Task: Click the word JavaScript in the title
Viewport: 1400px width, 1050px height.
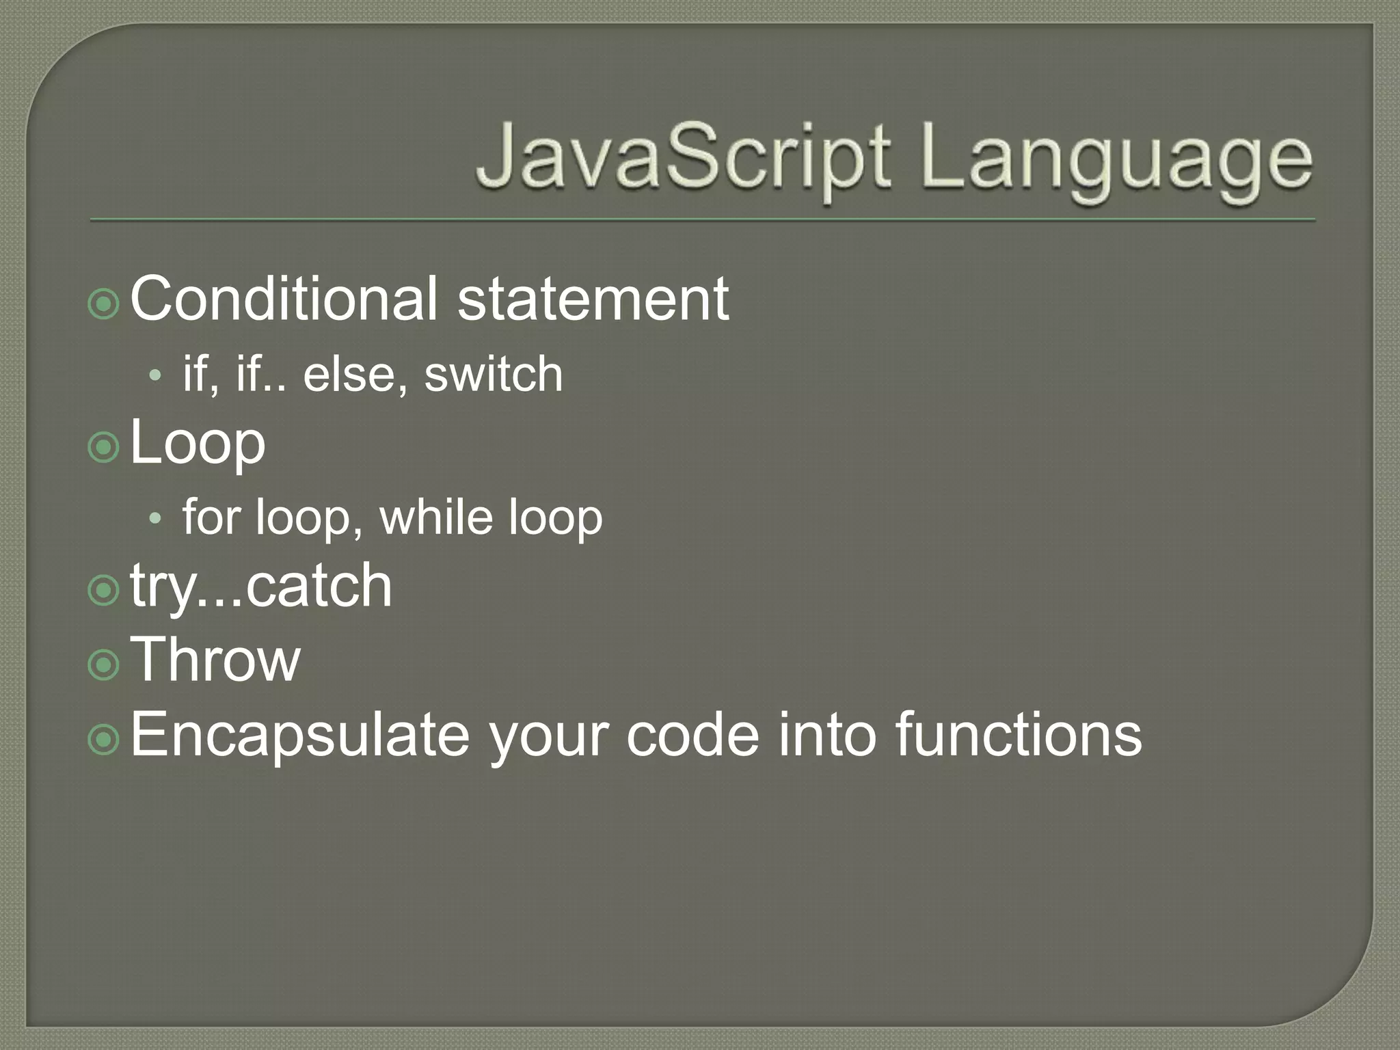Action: pos(684,159)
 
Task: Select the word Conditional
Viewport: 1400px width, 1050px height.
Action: pos(283,299)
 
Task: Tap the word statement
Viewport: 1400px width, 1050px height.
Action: pos(593,299)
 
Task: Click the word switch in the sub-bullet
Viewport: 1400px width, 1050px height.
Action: pos(494,374)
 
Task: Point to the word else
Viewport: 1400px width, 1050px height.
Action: pos(349,374)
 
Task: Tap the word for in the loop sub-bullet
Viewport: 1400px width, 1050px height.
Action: pos(212,517)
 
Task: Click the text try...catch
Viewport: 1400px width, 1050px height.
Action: pos(261,587)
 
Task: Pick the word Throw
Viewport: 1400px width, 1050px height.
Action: pos(215,659)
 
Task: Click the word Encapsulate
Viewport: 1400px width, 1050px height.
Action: pos(300,734)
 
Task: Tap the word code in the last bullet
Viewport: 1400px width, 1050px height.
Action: pos(692,734)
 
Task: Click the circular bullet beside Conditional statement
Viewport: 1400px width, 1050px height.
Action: pos(104,303)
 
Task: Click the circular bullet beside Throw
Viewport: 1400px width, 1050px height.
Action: pos(104,663)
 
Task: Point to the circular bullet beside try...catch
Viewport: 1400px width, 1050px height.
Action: pos(104,590)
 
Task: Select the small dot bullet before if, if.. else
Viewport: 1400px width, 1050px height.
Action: pos(155,375)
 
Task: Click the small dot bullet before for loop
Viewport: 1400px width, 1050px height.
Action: pos(155,519)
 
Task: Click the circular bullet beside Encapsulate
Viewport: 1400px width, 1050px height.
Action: pos(104,738)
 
